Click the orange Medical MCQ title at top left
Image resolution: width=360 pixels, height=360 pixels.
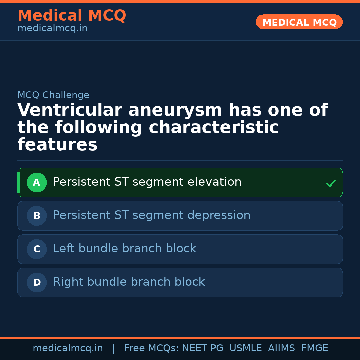tap(72, 16)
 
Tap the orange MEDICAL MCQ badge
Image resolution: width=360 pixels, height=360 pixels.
tap(299, 22)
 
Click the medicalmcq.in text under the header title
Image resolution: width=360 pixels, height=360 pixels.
tap(52, 28)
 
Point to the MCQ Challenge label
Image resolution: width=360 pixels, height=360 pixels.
tap(53, 95)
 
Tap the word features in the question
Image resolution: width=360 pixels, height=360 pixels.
tap(57, 145)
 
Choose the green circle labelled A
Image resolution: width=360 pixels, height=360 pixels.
tap(37, 182)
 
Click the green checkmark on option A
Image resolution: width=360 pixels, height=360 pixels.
tap(331, 183)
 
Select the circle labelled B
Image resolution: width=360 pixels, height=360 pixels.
tap(37, 216)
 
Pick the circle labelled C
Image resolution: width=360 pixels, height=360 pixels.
tap(37, 249)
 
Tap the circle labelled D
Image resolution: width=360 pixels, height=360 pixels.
tap(37, 282)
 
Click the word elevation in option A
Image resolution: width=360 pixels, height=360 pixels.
tap(214, 182)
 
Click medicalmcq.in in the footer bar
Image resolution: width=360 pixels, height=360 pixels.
tap(68, 348)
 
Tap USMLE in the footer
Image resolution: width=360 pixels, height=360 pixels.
tap(245, 348)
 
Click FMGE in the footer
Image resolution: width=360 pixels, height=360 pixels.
tap(314, 348)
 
